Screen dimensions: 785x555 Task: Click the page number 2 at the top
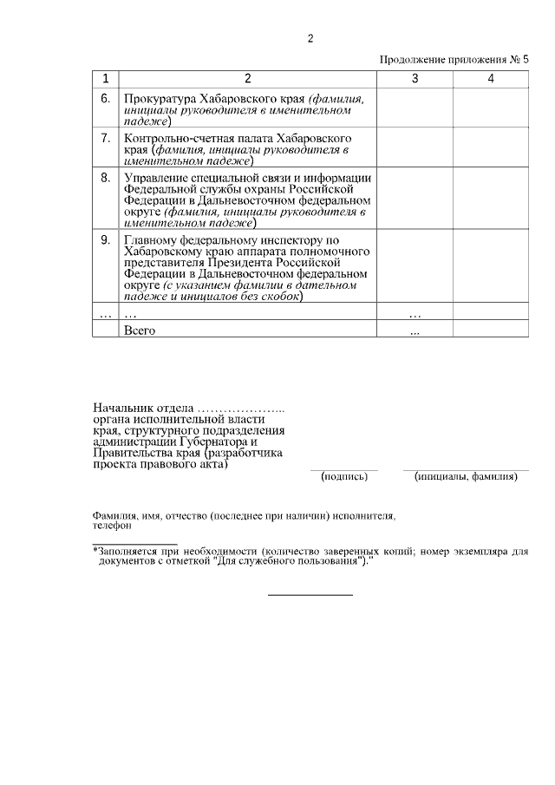tap(310, 38)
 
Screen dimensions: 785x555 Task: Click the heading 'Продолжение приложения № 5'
tap(454, 60)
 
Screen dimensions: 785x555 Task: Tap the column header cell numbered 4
tap(491, 79)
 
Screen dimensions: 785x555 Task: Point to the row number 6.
tap(105, 98)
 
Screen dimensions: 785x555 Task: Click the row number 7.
tap(105, 138)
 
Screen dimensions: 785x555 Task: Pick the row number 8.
tap(105, 178)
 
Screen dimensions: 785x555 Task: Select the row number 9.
tap(105, 239)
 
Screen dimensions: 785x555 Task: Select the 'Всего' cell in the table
tap(140, 330)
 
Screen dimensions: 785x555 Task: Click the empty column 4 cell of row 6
tap(491, 109)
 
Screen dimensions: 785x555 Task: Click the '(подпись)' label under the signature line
tap(344, 476)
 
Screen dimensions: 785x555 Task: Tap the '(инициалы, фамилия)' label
tap(467, 476)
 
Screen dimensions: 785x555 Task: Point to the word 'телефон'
tap(112, 526)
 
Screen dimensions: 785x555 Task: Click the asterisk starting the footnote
tap(95, 550)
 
